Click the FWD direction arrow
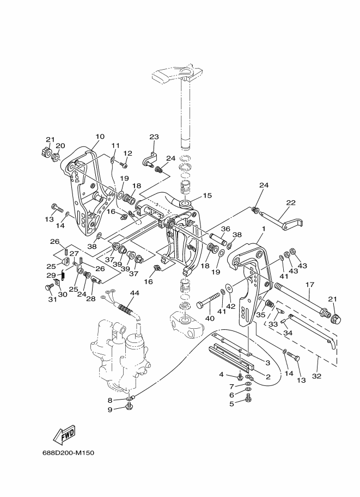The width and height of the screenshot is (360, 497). pos(65,434)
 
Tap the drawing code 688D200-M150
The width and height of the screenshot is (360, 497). pos(68,452)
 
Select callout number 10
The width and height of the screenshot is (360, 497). pos(100,137)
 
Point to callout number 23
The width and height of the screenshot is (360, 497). pos(154,137)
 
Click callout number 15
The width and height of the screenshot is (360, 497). pos(207,195)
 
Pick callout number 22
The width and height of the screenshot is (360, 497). pos(291,203)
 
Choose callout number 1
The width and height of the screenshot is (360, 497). pos(264,229)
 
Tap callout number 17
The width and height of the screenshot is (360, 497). pos(309,285)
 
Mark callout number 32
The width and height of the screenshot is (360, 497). pos(316,376)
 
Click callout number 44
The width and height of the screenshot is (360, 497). pos(135,293)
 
